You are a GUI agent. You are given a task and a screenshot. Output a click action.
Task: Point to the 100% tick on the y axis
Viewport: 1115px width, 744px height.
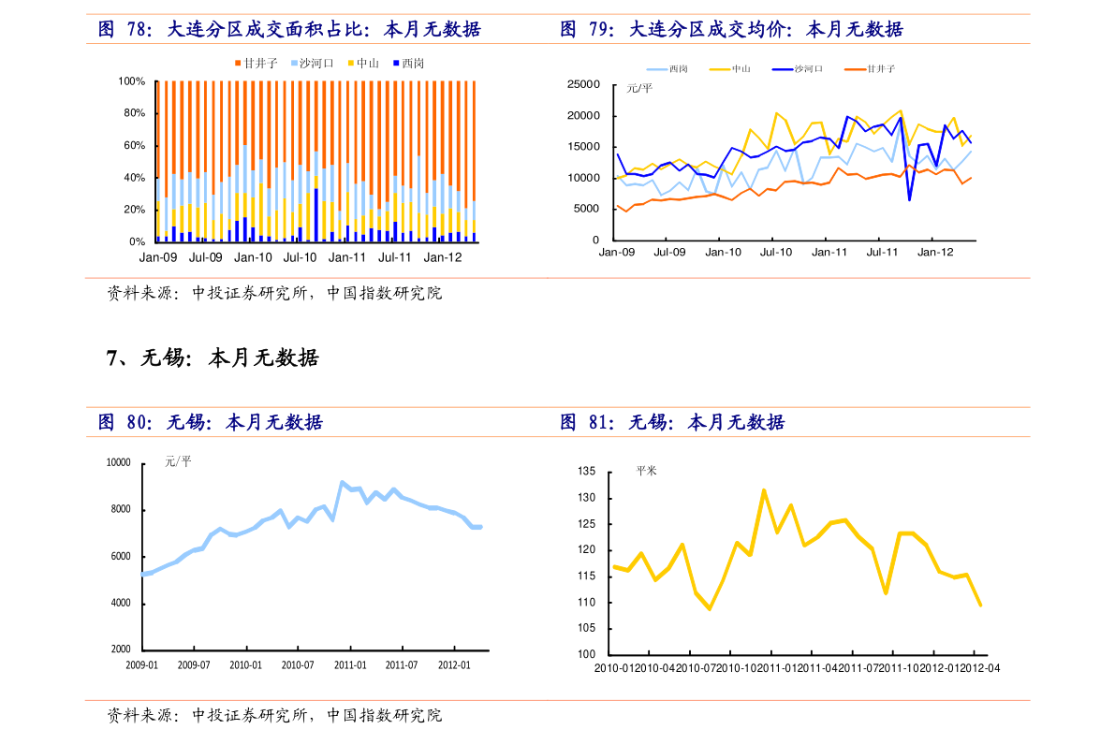coord(132,81)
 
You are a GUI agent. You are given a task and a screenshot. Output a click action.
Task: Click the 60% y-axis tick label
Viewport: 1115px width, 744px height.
coord(135,145)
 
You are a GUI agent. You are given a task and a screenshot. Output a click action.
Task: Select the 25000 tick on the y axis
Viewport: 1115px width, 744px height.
coord(583,84)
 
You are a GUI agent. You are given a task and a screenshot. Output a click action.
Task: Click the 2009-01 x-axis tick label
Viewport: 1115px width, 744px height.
coord(142,665)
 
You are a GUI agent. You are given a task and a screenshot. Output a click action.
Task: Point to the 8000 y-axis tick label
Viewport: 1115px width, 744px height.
coord(118,510)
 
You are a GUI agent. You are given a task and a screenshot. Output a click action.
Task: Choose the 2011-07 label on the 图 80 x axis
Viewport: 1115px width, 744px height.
coord(401,665)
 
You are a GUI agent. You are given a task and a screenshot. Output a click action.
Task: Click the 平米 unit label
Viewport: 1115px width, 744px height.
coord(646,471)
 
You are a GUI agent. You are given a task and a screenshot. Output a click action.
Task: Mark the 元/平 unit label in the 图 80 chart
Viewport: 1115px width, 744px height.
coord(178,461)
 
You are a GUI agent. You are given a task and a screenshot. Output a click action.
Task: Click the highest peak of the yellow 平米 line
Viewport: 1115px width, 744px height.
coord(764,489)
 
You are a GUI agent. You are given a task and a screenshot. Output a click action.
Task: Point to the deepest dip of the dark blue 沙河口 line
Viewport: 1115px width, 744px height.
coord(909,199)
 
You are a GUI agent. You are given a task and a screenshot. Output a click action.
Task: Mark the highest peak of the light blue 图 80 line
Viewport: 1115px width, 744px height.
coord(343,482)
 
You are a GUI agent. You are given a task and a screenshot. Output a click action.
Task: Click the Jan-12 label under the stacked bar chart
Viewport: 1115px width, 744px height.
coord(442,257)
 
